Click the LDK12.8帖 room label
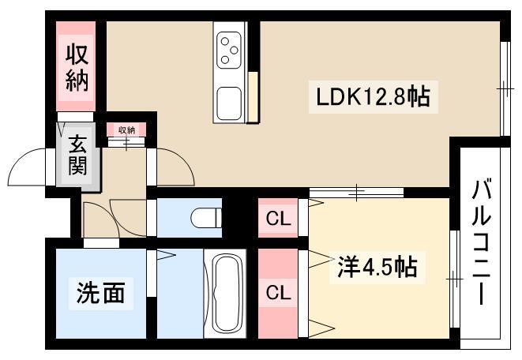pos(373,97)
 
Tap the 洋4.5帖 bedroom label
pos(377,267)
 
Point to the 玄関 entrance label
pos(77,155)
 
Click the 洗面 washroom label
pos(101,293)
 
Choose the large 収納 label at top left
pos(77,68)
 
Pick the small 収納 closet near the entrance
pos(126,129)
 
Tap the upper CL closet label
pos(278,219)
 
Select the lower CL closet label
pos(278,293)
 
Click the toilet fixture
pos(206,218)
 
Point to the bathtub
pos(225,294)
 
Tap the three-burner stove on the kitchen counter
pos(229,51)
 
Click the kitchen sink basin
pos(229,103)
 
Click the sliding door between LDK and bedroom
pos(356,193)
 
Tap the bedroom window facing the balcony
pos(454,279)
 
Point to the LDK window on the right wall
pos(505,88)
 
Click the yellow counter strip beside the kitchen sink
pos(253,97)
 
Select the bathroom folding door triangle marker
pos(166,255)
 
